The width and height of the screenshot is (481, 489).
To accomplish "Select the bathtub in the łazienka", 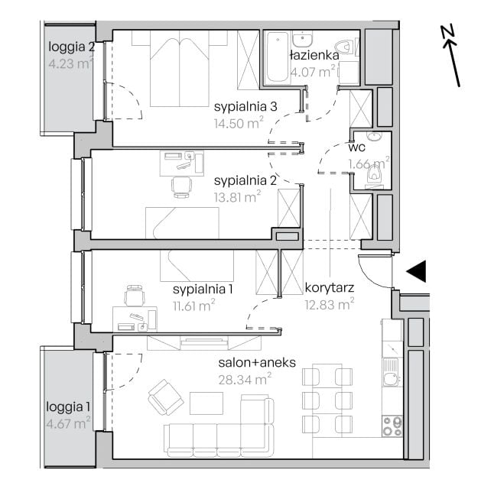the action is click(277, 57).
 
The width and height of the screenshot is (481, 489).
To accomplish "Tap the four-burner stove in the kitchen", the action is click(392, 426).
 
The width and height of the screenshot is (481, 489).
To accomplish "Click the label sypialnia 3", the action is click(245, 107).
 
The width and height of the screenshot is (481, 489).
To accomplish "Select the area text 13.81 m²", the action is click(237, 197).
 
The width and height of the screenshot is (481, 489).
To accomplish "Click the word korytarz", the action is click(330, 288).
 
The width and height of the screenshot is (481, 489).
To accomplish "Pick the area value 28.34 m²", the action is click(245, 379).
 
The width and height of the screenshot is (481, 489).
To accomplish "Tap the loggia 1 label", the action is click(68, 406).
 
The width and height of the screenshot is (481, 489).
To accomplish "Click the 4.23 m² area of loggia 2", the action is click(70, 63).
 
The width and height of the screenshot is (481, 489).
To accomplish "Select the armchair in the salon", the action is click(165, 397).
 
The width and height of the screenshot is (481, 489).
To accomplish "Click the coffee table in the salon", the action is click(206, 403).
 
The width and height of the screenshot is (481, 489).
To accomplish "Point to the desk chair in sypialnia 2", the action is click(181, 187).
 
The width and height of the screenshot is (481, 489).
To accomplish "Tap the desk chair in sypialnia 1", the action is click(135, 295).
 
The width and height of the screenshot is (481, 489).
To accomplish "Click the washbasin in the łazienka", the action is click(302, 39).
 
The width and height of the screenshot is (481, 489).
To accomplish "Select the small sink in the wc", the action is click(374, 137).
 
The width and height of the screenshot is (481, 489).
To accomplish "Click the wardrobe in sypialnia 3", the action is click(249, 60).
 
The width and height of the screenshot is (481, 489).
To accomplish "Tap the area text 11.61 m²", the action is click(194, 306).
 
